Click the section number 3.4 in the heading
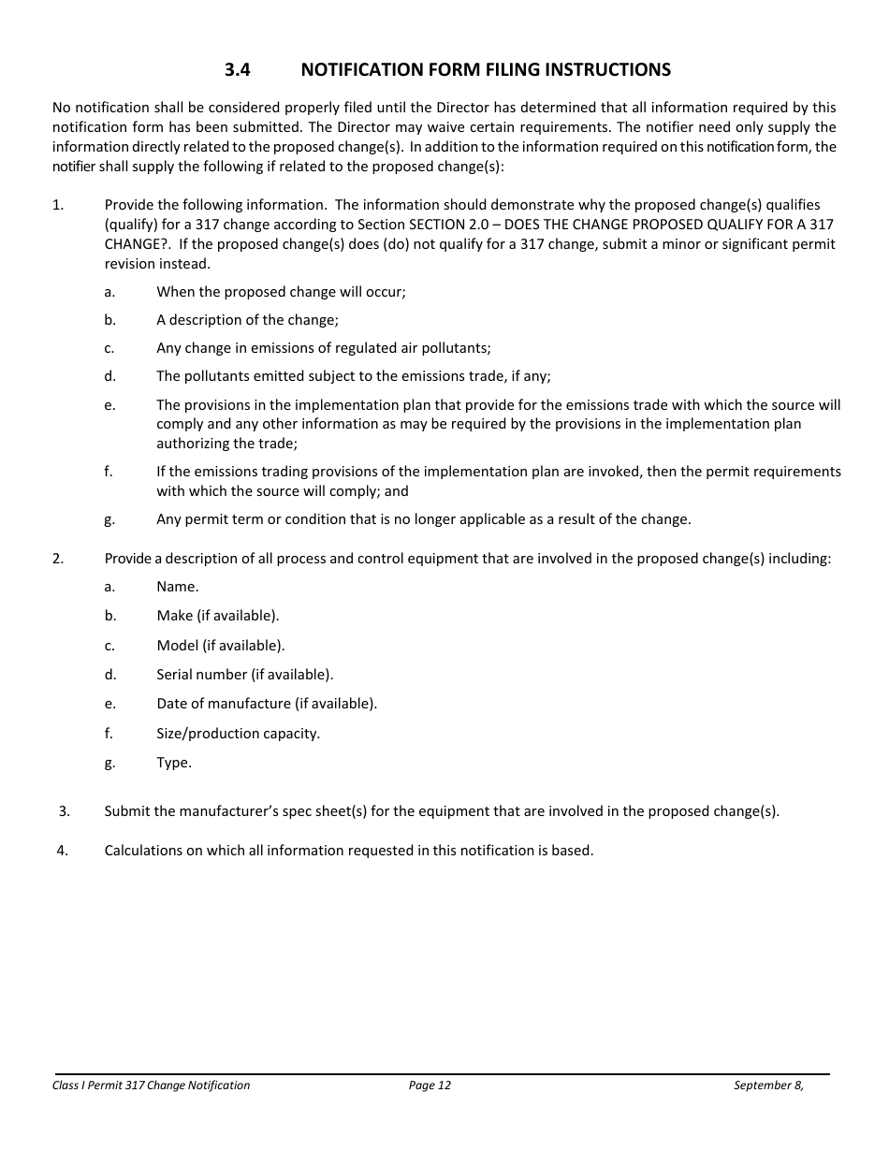point(237,70)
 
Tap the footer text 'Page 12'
point(430,1085)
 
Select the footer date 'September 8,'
point(768,1085)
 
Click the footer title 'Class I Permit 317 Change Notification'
point(152,1085)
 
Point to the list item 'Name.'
point(178,587)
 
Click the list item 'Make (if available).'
point(218,616)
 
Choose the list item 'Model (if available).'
point(221,646)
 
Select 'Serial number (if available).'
point(244,675)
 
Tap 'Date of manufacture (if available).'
point(267,704)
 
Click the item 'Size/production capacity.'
point(238,734)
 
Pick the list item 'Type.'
point(174,763)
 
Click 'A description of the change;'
point(248,320)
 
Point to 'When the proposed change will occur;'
point(281,291)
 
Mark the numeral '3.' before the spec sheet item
point(65,811)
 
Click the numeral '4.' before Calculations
point(63,851)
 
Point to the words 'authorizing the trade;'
point(226,444)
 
